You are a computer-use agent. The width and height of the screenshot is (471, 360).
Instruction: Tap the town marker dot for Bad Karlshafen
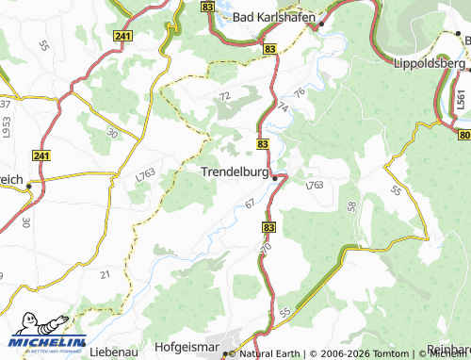[321, 24]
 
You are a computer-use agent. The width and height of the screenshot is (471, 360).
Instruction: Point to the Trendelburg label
[235, 172]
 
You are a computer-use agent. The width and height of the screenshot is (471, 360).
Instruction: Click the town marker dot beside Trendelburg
[274, 176]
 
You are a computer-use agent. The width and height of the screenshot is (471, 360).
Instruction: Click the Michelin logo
[47, 339]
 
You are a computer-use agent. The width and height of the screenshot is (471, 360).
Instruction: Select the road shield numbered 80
[464, 136]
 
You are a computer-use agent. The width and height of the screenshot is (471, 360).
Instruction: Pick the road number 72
[223, 96]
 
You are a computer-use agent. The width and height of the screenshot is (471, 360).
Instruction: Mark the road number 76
[300, 92]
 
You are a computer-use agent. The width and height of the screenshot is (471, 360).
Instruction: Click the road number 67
[250, 204]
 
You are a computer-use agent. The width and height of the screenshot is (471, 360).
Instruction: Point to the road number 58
[350, 205]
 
